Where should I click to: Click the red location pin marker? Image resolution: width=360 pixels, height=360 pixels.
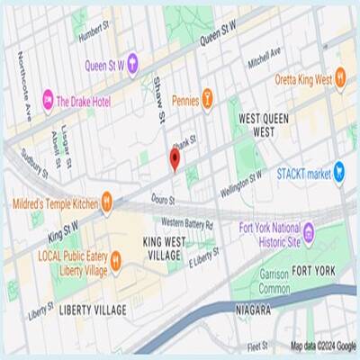[x=175, y=159]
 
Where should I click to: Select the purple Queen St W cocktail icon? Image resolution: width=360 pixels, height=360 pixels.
[x=132, y=62]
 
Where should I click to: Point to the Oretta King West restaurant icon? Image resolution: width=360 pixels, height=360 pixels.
[x=341, y=79]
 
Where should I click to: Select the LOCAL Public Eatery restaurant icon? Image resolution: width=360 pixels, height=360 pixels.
[x=117, y=262]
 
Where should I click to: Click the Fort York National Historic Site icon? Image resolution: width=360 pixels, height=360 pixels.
[x=309, y=234]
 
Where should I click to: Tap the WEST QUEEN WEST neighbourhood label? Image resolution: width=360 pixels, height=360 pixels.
[x=257, y=125]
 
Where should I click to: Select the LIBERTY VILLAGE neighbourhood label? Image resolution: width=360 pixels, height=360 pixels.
[x=92, y=310]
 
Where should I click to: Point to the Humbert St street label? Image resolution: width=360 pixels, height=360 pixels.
[x=99, y=33]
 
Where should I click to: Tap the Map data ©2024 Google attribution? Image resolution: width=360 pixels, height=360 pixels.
[x=323, y=346]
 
